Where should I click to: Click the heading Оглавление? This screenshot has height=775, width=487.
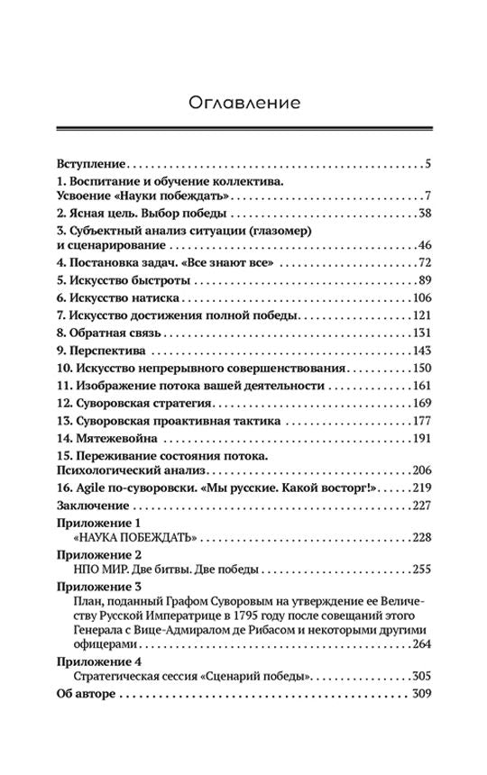pos(243,101)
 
